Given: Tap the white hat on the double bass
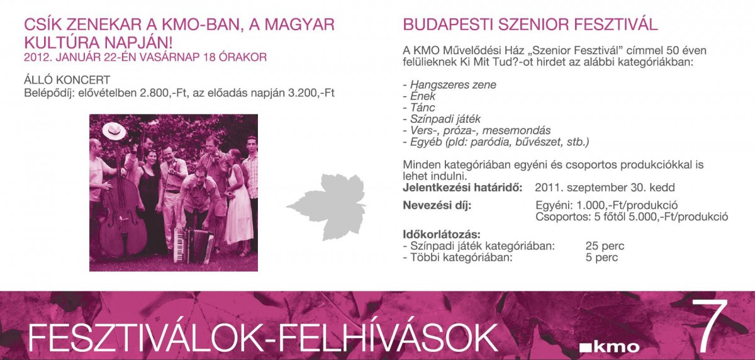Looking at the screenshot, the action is pyautogui.click(x=115, y=132).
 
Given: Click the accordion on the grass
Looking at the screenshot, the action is pyautogui.click(x=193, y=245).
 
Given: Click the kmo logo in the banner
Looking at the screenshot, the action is pyautogui.click(x=609, y=347).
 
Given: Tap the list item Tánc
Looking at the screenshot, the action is pyautogui.click(x=422, y=108).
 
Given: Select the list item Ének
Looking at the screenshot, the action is pyautogui.click(x=423, y=96).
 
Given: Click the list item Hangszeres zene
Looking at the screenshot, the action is pyautogui.click(x=453, y=84).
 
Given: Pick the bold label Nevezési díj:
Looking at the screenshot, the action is pyautogui.click(x=437, y=205).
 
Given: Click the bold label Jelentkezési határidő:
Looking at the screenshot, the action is pyautogui.click(x=463, y=188).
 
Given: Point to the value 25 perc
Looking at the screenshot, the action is pyautogui.click(x=605, y=245).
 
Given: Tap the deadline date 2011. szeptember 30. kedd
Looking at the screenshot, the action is pyautogui.click(x=605, y=188).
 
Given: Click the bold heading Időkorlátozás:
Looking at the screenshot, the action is pyautogui.click(x=442, y=234).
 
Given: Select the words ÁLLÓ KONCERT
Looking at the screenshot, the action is pyautogui.click(x=67, y=80).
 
